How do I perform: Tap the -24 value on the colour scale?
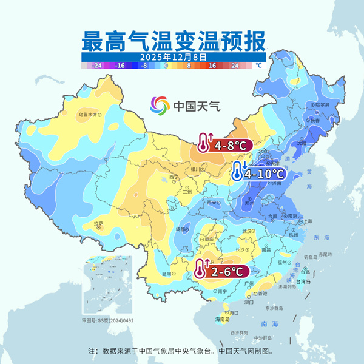(x=96, y=64)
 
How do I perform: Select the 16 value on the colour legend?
(x=212, y=64)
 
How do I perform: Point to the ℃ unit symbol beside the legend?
(x=258, y=64)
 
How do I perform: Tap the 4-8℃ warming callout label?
(x=223, y=145)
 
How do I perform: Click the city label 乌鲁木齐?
(x=87, y=113)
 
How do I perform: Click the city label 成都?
(x=183, y=229)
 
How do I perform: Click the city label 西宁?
(x=174, y=177)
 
